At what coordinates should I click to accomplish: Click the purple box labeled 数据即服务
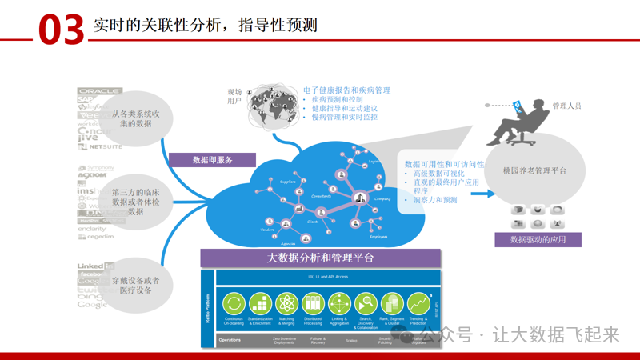(x=212, y=160)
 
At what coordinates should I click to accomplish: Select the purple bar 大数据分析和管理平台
(x=320, y=258)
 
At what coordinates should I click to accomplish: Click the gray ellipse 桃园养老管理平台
(x=535, y=171)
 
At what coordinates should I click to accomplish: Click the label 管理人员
(x=567, y=106)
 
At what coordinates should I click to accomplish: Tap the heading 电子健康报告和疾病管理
(x=346, y=90)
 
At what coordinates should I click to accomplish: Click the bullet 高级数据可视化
(x=437, y=174)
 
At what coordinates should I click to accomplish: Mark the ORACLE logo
(x=99, y=91)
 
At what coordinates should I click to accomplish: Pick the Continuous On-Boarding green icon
(x=234, y=304)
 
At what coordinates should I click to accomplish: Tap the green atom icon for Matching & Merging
(x=286, y=304)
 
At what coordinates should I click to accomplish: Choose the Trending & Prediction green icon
(x=418, y=304)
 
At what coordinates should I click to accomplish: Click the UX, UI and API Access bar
(x=328, y=277)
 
